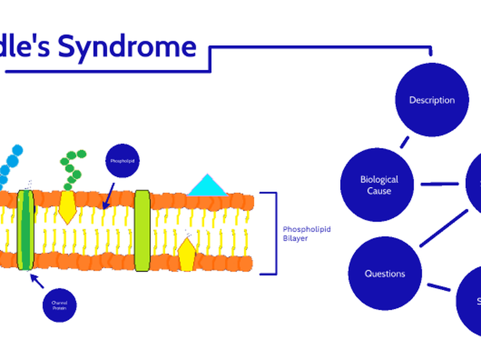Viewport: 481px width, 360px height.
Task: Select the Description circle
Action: click(432, 100)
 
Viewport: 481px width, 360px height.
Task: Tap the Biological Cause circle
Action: click(379, 185)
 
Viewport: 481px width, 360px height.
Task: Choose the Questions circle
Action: click(385, 273)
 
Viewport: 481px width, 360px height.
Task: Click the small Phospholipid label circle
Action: click(122, 160)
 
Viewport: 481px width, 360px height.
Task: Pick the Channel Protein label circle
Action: click(59, 306)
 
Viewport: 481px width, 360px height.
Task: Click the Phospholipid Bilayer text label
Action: click(300, 234)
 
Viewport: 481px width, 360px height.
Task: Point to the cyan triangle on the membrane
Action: click(207, 186)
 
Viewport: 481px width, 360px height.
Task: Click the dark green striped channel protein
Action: click(26, 230)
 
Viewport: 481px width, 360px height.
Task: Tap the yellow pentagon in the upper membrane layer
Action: click(67, 207)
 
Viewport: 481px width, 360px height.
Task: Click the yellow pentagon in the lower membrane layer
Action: click(187, 254)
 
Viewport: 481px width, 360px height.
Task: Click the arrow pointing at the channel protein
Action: click(37, 281)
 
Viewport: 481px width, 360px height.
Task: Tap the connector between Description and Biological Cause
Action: click(404, 142)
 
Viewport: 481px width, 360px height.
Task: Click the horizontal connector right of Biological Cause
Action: click(440, 184)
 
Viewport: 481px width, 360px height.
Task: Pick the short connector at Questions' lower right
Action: click(439, 287)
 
